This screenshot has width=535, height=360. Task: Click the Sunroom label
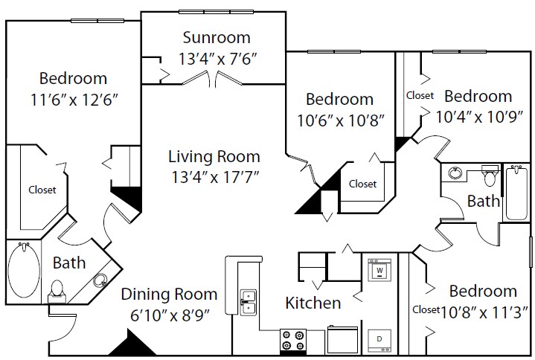[217, 37]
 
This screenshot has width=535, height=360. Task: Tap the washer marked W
[379, 270]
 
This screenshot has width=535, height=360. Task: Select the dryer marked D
[379, 340]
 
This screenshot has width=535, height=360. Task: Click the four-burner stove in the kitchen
[292, 339]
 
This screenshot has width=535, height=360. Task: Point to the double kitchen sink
[248, 303]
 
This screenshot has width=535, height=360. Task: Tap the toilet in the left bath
[57, 292]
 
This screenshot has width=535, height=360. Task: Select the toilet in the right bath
[490, 175]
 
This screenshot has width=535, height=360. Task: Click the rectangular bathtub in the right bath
[516, 193]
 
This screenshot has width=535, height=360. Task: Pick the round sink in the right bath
[455, 173]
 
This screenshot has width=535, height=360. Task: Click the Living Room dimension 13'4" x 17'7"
[215, 177]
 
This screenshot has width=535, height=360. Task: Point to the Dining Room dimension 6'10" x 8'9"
[170, 315]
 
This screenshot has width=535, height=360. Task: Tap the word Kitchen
[313, 303]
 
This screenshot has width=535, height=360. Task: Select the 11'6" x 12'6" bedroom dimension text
[74, 100]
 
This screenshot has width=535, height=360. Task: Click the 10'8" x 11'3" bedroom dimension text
[484, 312]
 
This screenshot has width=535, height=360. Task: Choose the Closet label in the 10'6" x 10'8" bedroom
[362, 184]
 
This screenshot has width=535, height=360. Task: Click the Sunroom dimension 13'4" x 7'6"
[217, 59]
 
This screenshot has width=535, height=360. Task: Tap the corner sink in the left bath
[100, 280]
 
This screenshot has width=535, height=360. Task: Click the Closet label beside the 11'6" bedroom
[42, 190]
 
